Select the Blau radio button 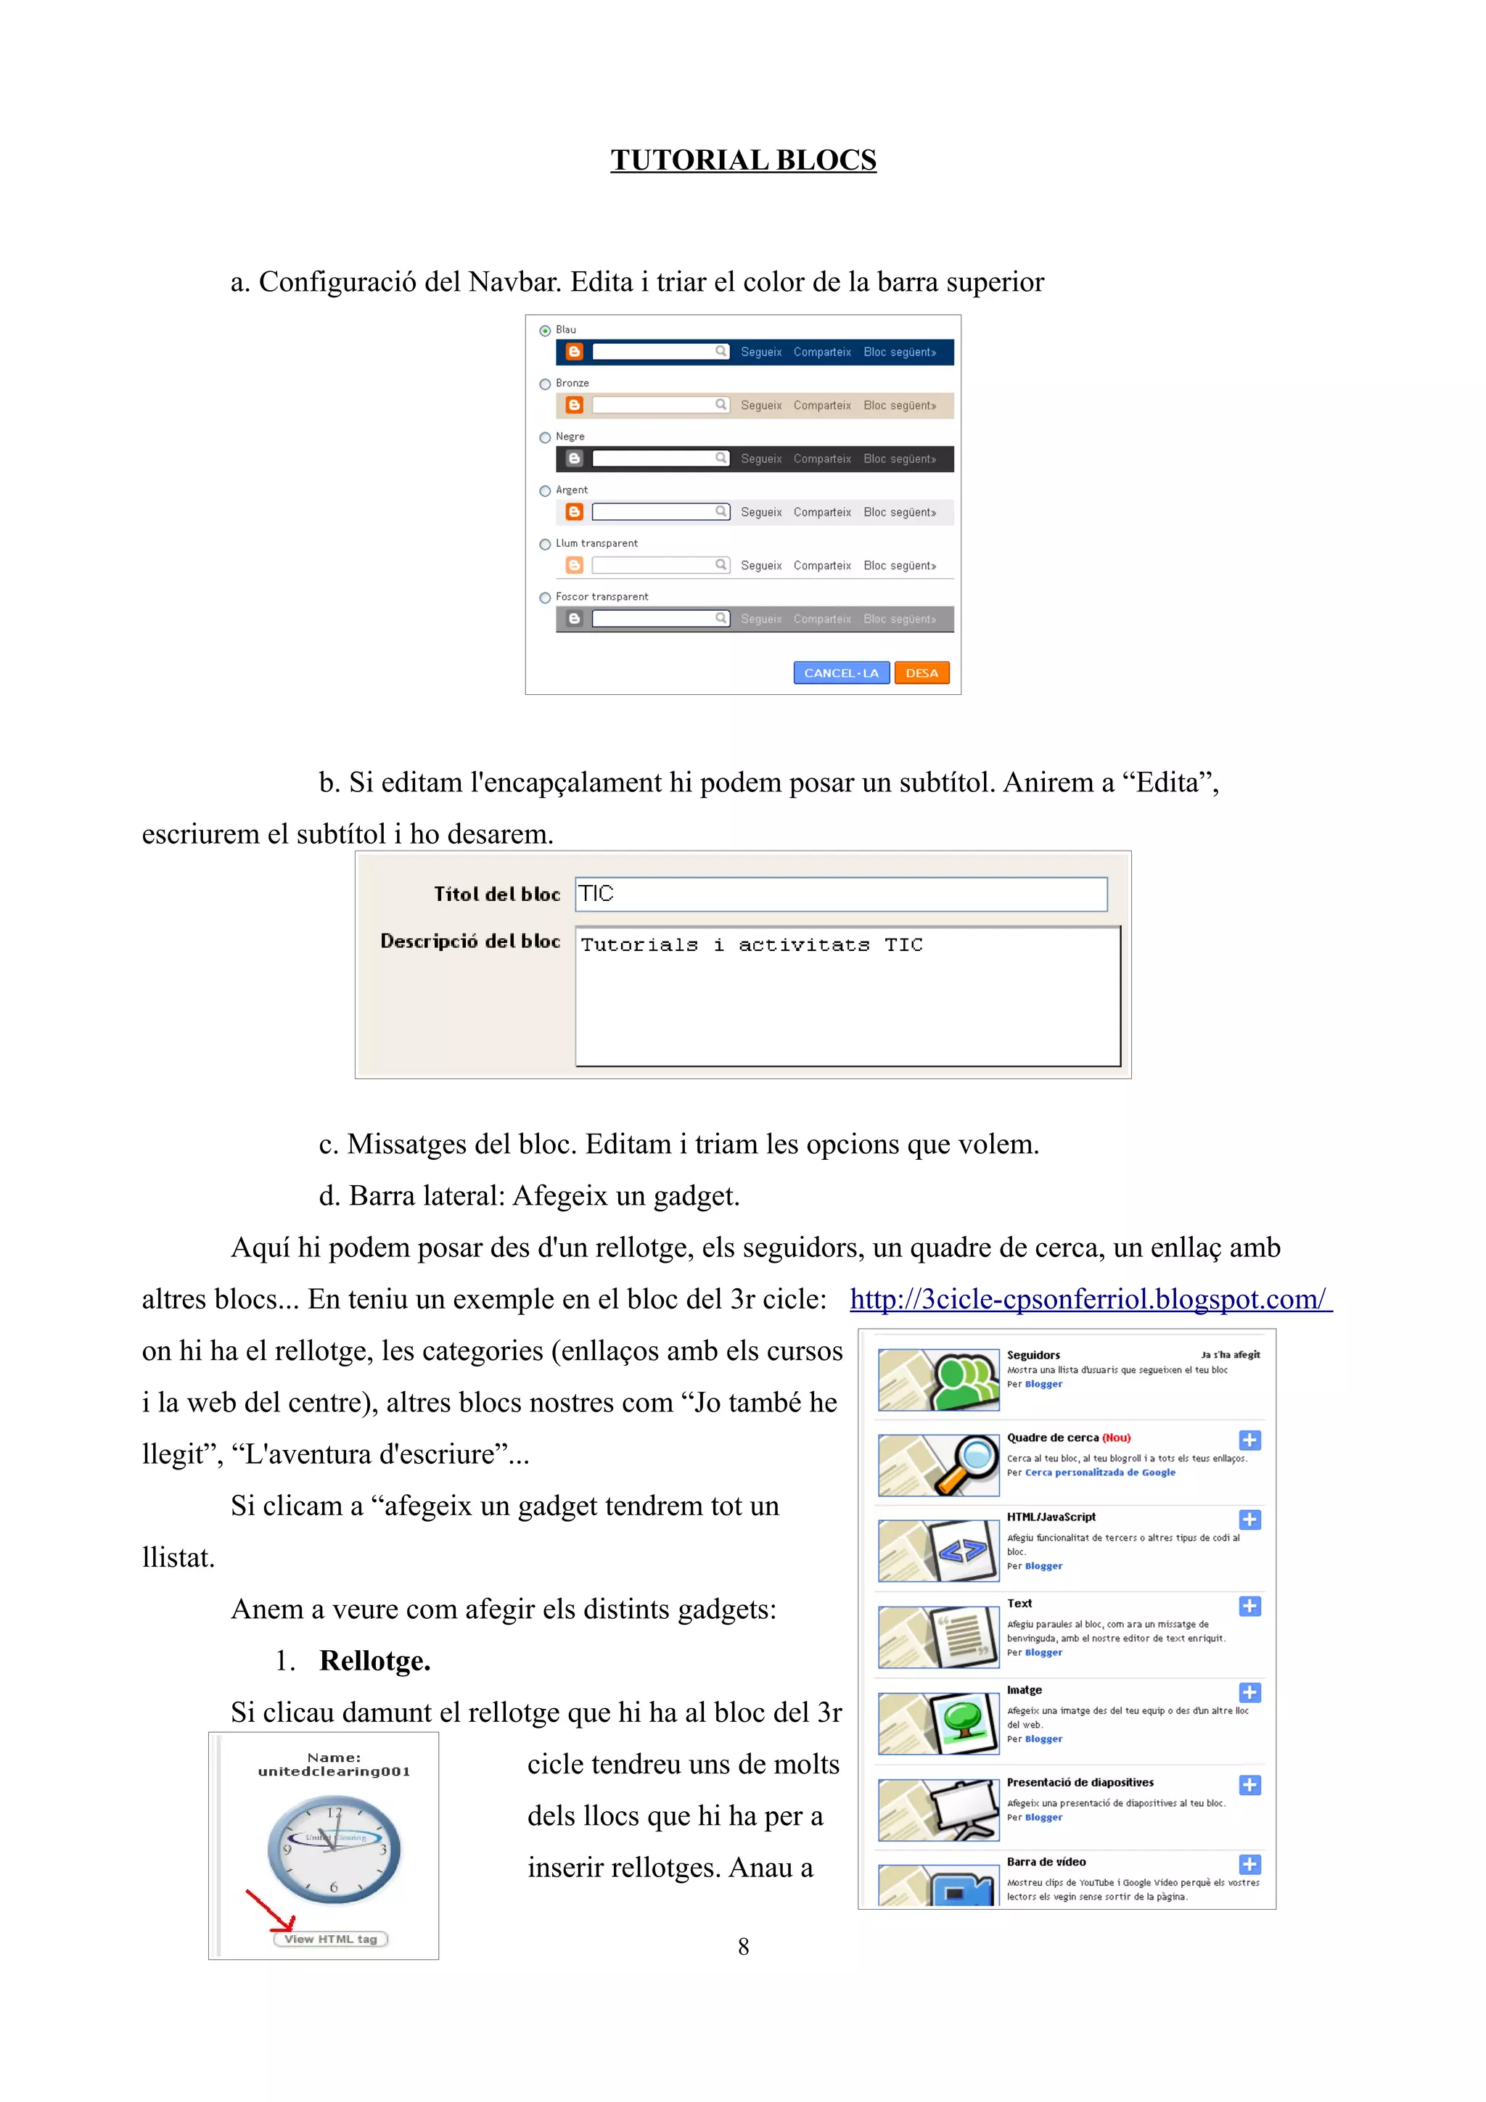pyautogui.click(x=545, y=331)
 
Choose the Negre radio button pyautogui.click(x=545, y=437)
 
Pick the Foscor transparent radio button pyautogui.click(x=545, y=598)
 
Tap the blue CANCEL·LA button pyautogui.click(x=840, y=673)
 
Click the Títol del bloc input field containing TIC pyautogui.click(x=840, y=894)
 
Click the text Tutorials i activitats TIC pyautogui.click(x=751, y=945)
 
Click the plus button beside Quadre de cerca pyautogui.click(x=1249, y=1440)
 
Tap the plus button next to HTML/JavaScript pyautogui.click(x=1249, y=1520)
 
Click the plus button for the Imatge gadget pyautogui.click(x=1249, y=1693)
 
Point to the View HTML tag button pyautogui.click(x=331, y=1939)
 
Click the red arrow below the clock pyautogui.click(x=270, y=1910)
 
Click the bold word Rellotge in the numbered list pyautogui.click(x=374, y=1661)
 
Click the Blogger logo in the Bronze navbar pyautogui.click(x=574, y=405)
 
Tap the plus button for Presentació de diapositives pyautogui.click(x=1249, y=1785)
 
